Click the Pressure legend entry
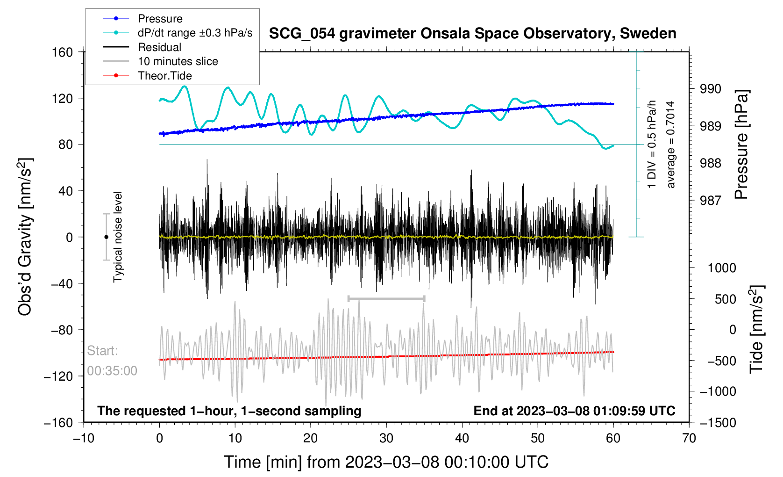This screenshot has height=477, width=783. [160, 19]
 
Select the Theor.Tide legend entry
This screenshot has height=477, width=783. [164, 76]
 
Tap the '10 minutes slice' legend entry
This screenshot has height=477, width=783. [178, 61]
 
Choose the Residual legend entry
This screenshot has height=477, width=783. [159, 47]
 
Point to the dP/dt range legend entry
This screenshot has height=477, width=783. [195, 33]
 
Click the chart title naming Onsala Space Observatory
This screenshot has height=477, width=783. [472, 34]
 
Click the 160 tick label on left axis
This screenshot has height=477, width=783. [62, 52]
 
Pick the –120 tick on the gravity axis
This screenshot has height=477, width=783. [58, 376]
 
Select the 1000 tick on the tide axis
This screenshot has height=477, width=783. [722, 268]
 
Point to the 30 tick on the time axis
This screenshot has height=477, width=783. [386, 438]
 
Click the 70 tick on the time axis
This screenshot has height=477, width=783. [689, 438]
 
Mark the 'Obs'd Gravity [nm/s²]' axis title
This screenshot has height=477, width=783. [25, 237]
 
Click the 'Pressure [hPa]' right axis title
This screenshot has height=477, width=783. [742, 145]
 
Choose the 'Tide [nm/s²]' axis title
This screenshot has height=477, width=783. [756, 329]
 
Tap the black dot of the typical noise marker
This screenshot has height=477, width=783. [106, 237]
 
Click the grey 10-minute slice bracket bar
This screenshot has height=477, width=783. [386, 298]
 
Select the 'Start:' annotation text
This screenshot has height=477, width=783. [103, 351]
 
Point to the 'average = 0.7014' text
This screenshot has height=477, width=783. [671, 145]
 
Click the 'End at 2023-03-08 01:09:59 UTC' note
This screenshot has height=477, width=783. [574, 411]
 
